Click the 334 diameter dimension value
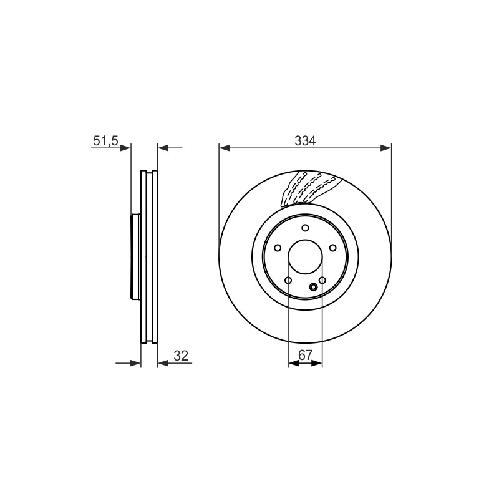click(x=305, y=140)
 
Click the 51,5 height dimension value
click(x=105, y=141)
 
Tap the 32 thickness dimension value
click(x=181, y=356)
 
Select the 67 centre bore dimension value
click(x=306, y=354)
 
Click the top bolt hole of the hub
click(x=305, y=228)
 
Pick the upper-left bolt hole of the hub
click(x=278, y=248)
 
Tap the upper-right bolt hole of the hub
click(x=333, y=248)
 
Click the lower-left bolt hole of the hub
click(x=288, y=280)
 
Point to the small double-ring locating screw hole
click(x=314, y=288)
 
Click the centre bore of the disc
click(x=305, y=256)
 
